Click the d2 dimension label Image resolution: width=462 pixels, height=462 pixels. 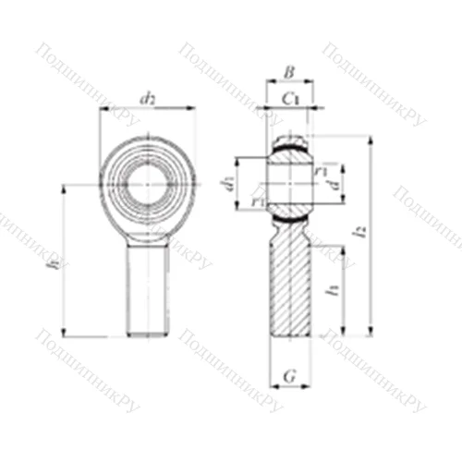pos(147,97)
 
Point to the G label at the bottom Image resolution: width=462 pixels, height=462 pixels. pos(289,376)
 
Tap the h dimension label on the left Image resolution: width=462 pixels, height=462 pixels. pos(56,262)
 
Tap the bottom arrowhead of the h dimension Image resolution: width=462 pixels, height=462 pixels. pos(65,334)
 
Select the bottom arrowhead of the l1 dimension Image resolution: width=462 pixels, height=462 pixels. pos(345,334)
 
